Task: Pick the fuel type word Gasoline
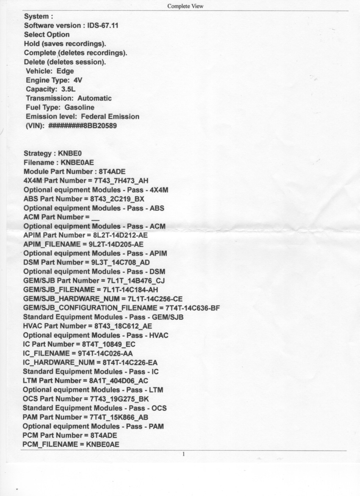tap(79, 108)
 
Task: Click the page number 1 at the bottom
tap(183, 454)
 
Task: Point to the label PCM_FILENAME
tap(49, 445)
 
